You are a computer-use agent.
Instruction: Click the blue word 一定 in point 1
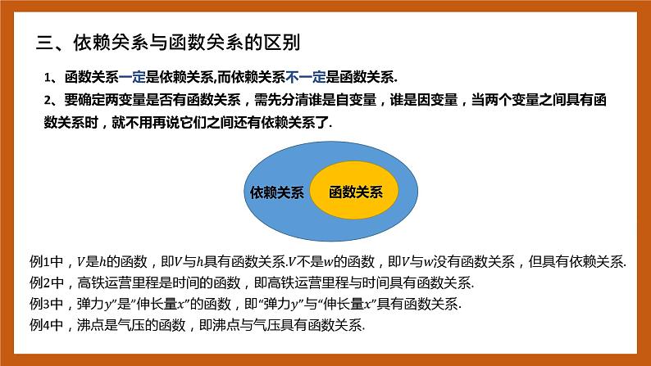[x=132, y=78]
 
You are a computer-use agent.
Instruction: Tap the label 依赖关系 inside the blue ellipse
[x=276, y=192]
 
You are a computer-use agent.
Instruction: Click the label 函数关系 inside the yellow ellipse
[x=355, y=192]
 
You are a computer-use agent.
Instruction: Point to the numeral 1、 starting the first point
[x=50, y=78]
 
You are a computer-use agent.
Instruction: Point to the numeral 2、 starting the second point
[x=50, y=101]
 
